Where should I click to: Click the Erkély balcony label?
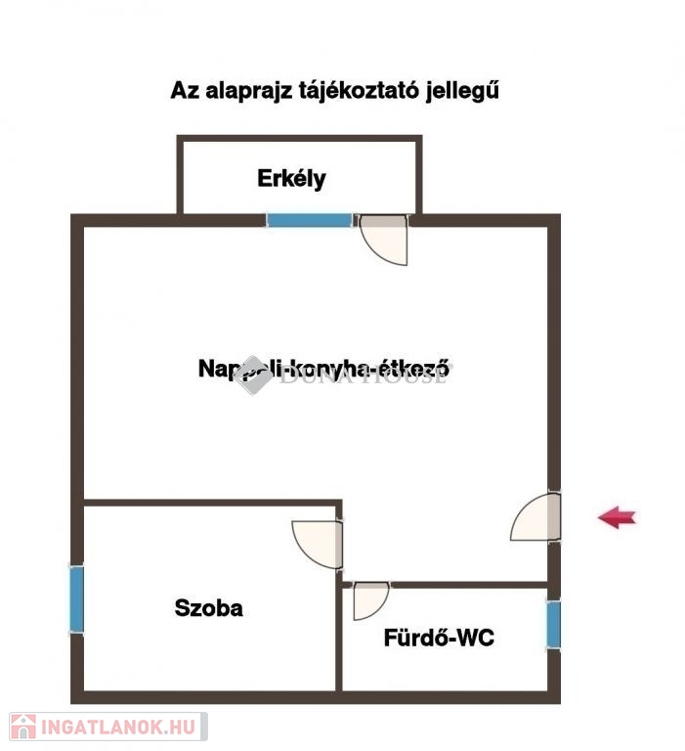[x=291, y=179]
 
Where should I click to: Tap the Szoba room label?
[x=208, y=607]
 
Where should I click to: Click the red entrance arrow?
[x=617, y=517]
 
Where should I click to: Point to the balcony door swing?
[x=385, y=239]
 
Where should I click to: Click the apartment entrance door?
[x=537, y=517]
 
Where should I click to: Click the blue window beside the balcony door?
[x=309, y=220]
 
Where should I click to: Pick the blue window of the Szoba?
[x=76, y=598]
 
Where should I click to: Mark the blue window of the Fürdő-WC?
[x=553, y=626]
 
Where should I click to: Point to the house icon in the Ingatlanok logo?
[x=23, y=726]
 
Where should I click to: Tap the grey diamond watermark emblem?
[x=253, y=375]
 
